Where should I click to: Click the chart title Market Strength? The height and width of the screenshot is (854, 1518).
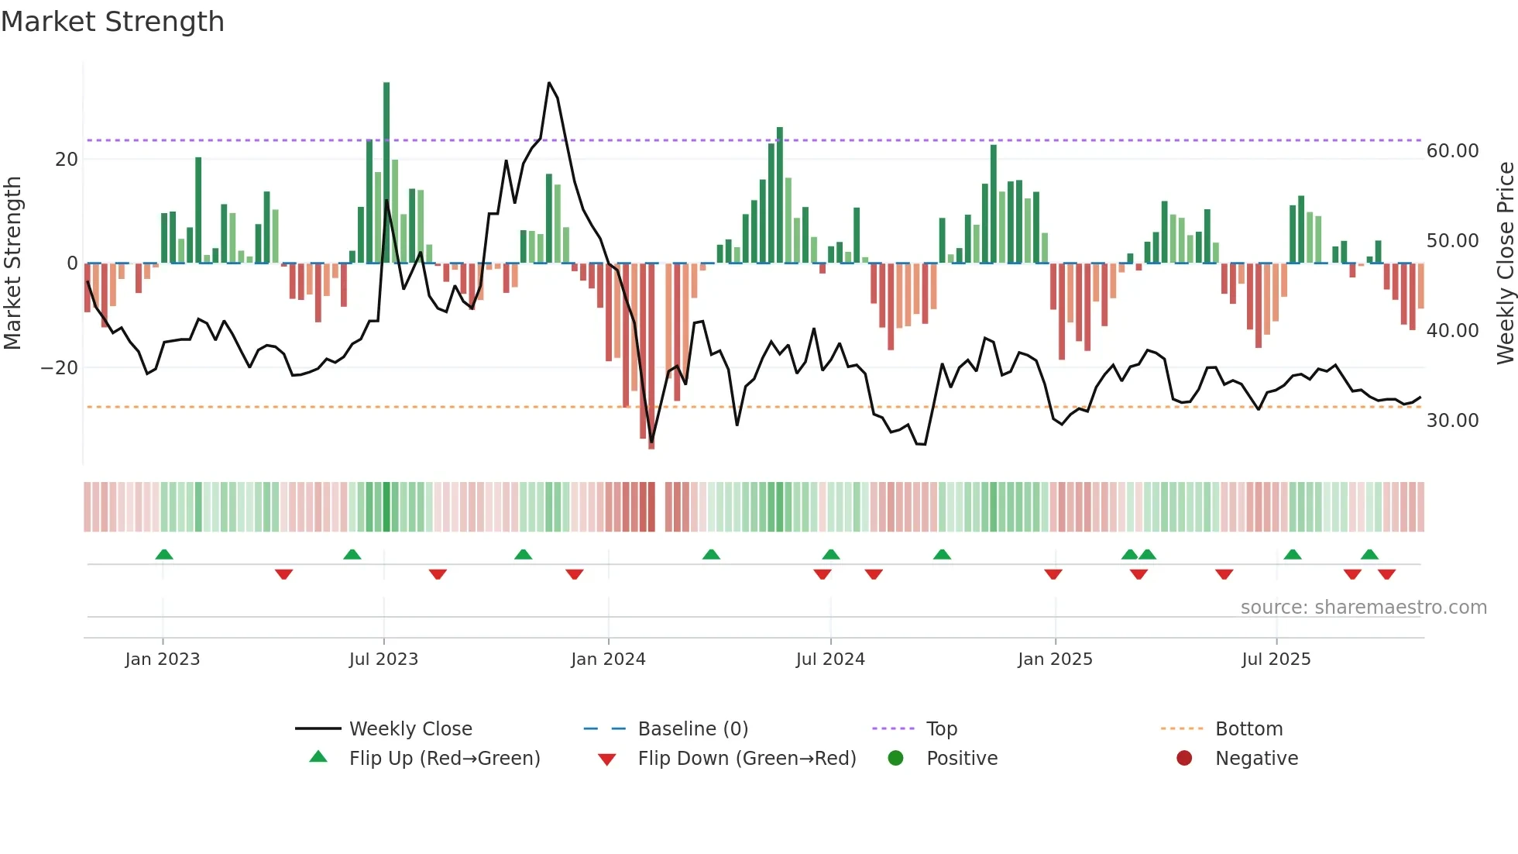(112, 22)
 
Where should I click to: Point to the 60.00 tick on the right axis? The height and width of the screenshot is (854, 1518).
(1452, 151)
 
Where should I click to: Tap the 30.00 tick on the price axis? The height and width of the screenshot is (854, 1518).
(1452, 421)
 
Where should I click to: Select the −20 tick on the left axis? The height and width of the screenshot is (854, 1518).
(60, 368)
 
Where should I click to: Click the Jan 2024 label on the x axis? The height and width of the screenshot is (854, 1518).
(608, 659)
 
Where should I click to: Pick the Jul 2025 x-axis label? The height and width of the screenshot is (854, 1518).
(1276, 659)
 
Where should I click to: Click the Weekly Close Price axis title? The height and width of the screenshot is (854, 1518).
(1505, 263)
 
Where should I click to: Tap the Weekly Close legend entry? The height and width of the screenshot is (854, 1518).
(410, 729)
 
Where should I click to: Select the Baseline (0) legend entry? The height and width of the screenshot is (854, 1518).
(692, 729)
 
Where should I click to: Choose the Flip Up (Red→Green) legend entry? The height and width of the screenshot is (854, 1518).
(444, 759)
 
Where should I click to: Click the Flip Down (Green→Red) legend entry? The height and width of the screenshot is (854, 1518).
(747, 759)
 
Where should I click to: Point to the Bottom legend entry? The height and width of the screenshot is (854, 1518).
(1248, 729)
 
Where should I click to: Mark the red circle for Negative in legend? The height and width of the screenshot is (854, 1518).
(1184, 759)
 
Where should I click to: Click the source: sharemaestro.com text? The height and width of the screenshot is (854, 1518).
(1363, 608)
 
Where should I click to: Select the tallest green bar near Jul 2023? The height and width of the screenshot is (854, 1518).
(386, 170)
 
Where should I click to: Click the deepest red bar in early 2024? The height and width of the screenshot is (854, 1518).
(651, 356)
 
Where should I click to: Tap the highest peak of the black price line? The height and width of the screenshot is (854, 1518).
(549, 83)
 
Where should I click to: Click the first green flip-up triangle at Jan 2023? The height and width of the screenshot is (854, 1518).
(164, 554)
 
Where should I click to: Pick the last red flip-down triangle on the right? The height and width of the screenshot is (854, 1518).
(1386, 574)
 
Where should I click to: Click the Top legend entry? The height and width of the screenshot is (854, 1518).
(941, 729)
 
